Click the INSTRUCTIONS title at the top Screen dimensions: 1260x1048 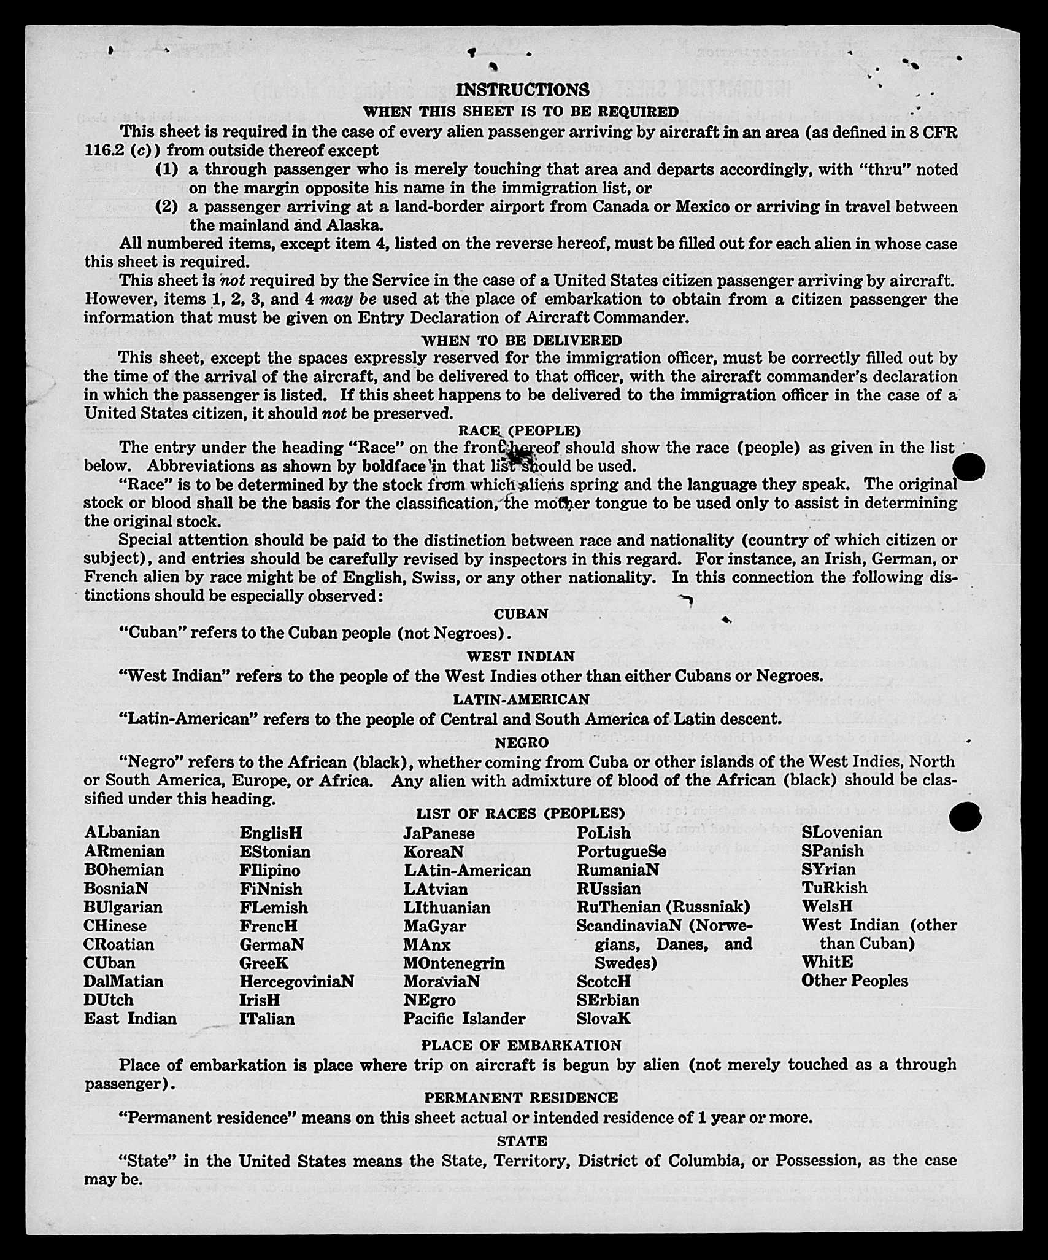pyautogui.click(x=522, y=90)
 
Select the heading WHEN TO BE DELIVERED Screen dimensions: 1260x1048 pyautogui.click(x=522, y=340)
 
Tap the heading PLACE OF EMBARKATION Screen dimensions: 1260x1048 pyautogui.click(x=521, y=1045)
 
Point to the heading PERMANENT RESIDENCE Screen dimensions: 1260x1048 pyautogui.click(x=521, y=1098)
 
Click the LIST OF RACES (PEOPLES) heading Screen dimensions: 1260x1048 pyautogui.click(x=520, y=814)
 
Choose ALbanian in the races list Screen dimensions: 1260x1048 pyautogui.click(x=122, y=833)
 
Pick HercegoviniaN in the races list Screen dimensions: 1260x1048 pyautogui.click(x=296, y=981)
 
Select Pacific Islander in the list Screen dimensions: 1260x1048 pyautogui.click(x=464, y=1019)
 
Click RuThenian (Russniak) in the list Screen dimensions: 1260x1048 pyautogui.click(x=663, y=907)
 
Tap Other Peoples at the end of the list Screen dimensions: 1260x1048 pyautogui.click(x=854, y=981)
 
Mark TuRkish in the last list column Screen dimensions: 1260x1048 pyautogui.click(x=834, y=888)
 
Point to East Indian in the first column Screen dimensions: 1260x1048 pyautogui.click(x=130, y=1019)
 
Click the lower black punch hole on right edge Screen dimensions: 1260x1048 pyautogui.click(x=965, y=817)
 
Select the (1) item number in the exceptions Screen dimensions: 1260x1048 pyautogui.click(x=167, y=169)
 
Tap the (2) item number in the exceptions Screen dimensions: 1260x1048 pyautogui.click(x=167, y=207)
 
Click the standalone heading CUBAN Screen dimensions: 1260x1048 pyautogui.click(x=521, y=614)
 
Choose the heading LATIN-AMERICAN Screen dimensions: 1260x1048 pyautogui.click(x=521, y=699)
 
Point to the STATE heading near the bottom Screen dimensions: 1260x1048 pyautogui.click(x=522, y=1141)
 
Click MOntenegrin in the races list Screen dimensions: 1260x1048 pyautogui.click(x=454, y=963)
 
